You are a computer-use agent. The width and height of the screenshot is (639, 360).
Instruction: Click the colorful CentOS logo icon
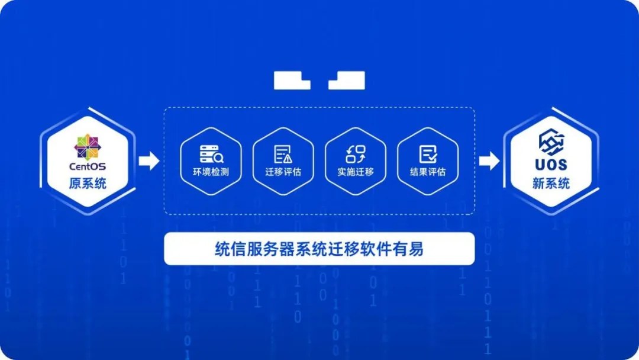[x=87, y=147]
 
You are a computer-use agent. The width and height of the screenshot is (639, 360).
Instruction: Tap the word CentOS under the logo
[x=87, y=166]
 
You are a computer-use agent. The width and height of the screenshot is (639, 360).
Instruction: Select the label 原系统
[x=87, y=183]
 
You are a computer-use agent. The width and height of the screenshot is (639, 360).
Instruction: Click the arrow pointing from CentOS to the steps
[x=149, y=160]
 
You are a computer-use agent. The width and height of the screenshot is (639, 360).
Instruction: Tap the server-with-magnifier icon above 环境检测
[x=211, y=154]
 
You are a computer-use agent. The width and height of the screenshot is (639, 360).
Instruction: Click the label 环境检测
[x=211, y=172]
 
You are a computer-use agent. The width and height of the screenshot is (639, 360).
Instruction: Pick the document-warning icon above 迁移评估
[x=283, y=154]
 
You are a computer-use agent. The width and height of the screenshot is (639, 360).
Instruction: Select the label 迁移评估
[x=283, y=172]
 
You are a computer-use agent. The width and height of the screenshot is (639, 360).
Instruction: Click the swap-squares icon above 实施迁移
[x=356, y=154]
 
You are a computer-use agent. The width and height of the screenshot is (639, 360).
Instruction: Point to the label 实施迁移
[x=356, y=172]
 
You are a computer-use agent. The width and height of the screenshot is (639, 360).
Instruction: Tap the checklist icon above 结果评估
[x=428, y=154]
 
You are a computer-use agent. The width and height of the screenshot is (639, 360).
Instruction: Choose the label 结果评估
[x=428, y=172]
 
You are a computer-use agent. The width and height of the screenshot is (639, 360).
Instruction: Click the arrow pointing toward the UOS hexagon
[x=489, y=160]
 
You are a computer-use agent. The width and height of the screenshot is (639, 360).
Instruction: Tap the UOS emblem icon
[x=551, y=142]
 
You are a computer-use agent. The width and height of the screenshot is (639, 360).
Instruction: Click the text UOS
[x=551, y=165]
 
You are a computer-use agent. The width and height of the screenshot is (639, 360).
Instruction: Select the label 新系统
[x=551, y=183]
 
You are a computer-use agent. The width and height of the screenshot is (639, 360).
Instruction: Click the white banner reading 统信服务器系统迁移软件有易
[x=319, y=249]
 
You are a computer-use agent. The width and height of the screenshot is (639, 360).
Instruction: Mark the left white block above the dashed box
[x=292, y=81]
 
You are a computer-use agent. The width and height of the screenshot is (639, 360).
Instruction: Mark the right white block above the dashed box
[x=347, y=81]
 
